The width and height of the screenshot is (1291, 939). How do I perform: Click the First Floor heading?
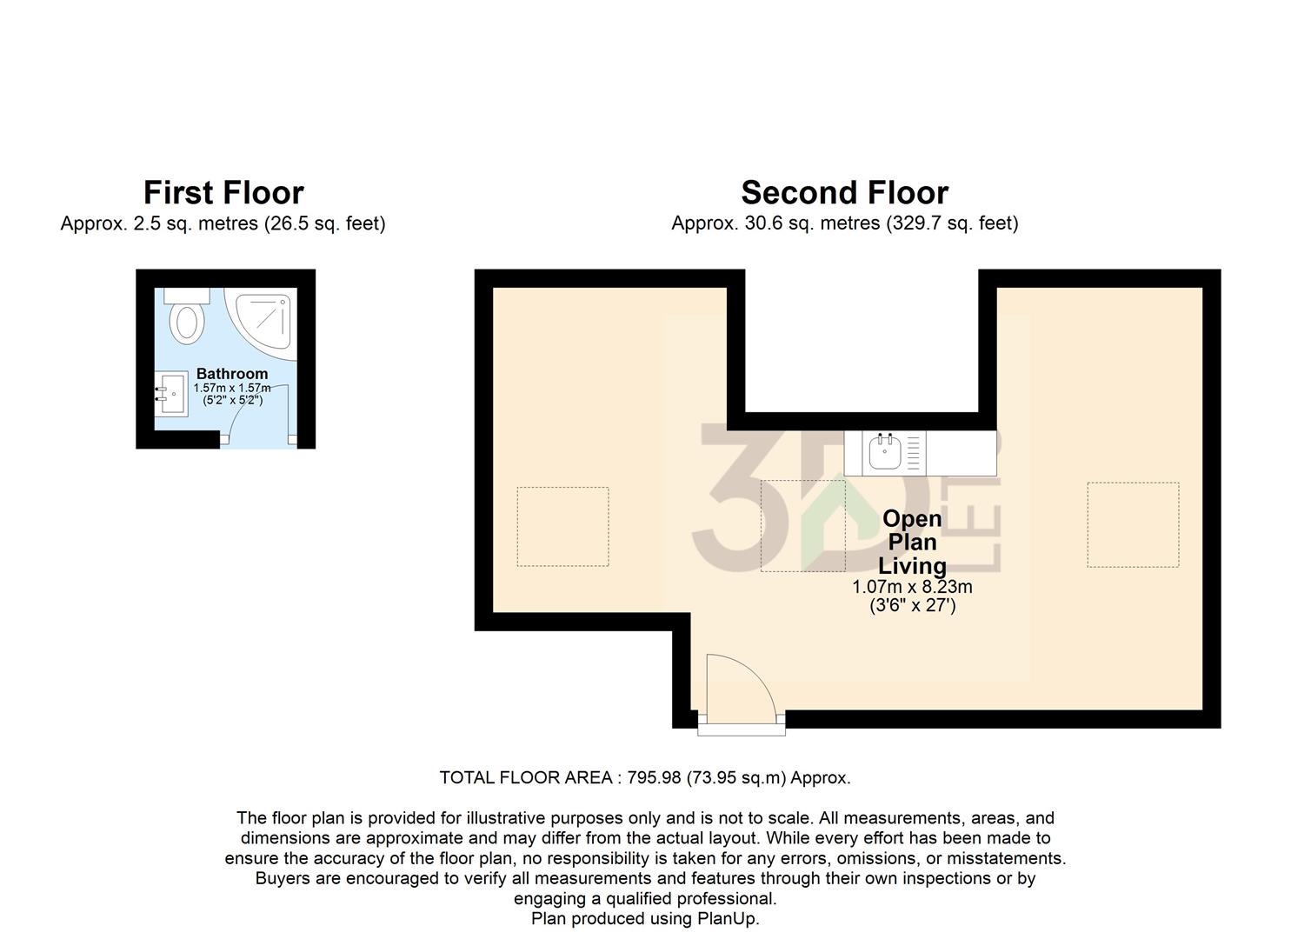[223, 192]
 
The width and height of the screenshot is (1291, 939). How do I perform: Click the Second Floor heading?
[844, 192]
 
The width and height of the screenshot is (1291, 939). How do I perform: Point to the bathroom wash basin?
[172, 394]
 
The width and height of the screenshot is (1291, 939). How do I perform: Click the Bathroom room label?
[232, 374]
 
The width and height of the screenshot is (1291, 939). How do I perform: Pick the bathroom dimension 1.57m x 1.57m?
[232, 388]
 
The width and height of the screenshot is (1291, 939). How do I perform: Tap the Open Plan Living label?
[912, 543]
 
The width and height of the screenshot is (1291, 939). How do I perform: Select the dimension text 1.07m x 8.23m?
[912, 587]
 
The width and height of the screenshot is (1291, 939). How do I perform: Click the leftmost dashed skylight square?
[562, 527]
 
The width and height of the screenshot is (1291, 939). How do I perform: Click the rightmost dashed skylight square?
[1133, 524]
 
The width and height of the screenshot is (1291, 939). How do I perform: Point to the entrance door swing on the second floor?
[739, 687]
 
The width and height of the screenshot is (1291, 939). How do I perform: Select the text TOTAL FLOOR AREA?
[526, 778]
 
